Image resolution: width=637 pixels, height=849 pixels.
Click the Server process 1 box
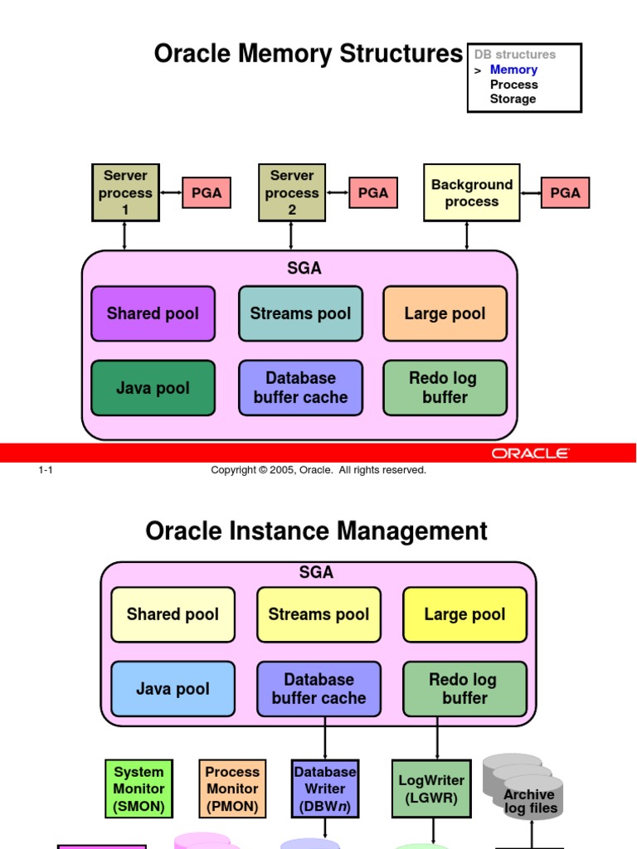(125, 192)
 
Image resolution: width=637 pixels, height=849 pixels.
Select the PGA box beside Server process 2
(372, 192)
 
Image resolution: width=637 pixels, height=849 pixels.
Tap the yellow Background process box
(471, 192)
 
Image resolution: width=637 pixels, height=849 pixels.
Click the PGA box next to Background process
(565, 192)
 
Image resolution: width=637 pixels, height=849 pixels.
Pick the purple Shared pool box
(153, 313)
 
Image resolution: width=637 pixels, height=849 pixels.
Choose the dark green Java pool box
(153, 388)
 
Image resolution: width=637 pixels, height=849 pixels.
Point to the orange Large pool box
(445, 313)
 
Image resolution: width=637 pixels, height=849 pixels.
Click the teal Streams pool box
(300, 313)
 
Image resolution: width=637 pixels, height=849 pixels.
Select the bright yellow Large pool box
(464, 614)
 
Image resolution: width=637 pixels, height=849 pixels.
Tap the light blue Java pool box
(173, 689)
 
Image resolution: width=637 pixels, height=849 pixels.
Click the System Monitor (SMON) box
(139, 788)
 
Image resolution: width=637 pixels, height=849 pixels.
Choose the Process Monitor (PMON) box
(232, 788)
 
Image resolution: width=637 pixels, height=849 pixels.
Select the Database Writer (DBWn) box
(325, 788)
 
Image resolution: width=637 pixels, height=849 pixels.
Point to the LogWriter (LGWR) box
(431, 788)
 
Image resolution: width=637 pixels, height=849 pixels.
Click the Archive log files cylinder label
(530, 801)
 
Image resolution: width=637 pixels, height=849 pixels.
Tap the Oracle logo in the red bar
(530, 454)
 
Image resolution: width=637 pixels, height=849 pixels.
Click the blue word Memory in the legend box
(513, 70)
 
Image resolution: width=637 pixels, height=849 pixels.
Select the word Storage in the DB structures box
(513, 99)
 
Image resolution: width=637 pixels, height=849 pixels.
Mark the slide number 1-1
(46, 470)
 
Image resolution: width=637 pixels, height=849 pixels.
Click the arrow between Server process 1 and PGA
(171, 192)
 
